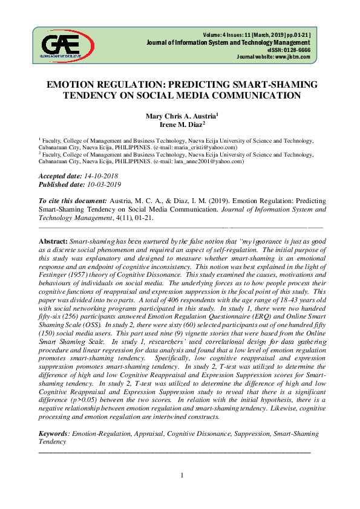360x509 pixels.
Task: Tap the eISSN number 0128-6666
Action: pyautogui.click(x=296, y=50)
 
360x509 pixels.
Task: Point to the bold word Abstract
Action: pyautogui.click(x=53, y=241)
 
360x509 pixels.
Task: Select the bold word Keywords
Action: pyautogui.click(x=53, y=434)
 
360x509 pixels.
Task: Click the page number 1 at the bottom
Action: pyautogui.click(x=182, y=475)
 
